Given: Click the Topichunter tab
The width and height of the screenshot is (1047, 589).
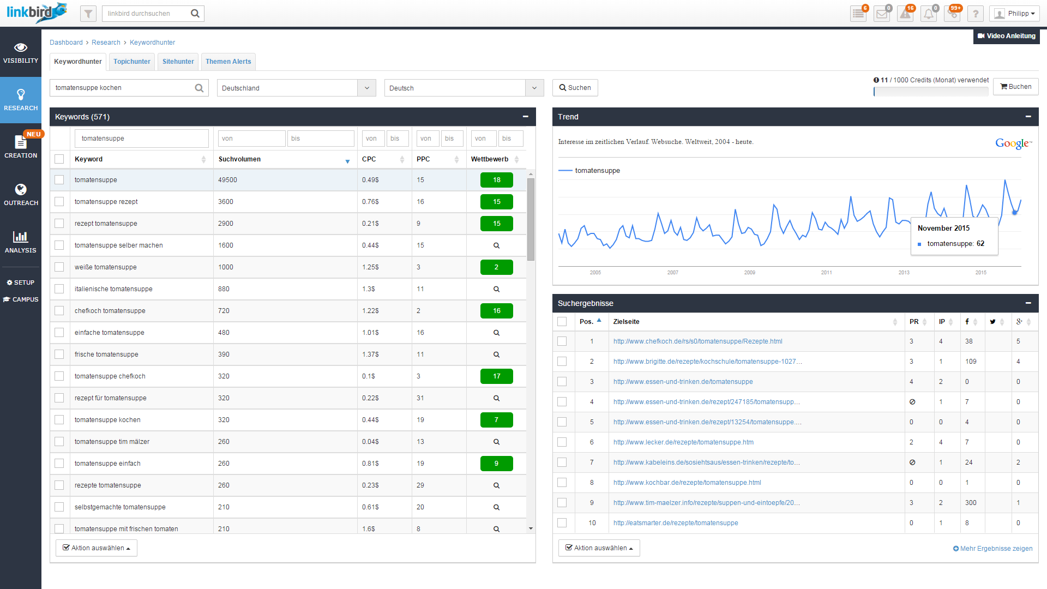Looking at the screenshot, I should pyautogui.click(x=132, y=62).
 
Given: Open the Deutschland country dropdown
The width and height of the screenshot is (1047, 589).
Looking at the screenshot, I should pyautogui.click(x=296, y=88).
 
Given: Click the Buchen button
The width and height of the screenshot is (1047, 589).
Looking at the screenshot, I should pyautogui.click(x=1016, y=87).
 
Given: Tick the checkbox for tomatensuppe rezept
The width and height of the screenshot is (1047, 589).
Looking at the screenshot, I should pyautogui.click(x=59, y=202).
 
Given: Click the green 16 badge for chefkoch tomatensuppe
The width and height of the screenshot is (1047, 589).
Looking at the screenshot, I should pyautogui.click(x=496, y=311).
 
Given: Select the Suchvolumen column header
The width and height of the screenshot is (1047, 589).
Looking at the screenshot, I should pyautogui.click(x=240, y=159).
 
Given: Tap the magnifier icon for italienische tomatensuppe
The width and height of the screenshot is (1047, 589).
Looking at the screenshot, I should pyautogui.click(x=496, y=289).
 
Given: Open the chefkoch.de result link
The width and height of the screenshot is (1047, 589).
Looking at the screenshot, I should pyautogui.click(x=697, y=341).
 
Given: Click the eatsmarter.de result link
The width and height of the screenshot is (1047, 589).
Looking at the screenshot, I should pyautogui.click(x=676, y=523).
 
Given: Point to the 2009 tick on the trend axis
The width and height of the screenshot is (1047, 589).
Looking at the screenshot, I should pyautogui.click(x=750, y=272).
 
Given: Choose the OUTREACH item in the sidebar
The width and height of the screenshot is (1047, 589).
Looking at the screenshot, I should pyautogui.click(x=21, y=194).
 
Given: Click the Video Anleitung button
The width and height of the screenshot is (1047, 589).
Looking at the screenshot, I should pyautogui.click(x=1007, y=36).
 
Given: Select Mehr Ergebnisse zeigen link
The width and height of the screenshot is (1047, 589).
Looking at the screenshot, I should pyautogui.click(x=993, y=549).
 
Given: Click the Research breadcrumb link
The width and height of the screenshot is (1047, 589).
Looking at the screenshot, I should pyautogui.click(x=106, y=43).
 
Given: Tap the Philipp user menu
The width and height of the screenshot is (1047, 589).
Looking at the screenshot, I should pyautogui.click(x=1014, y=14).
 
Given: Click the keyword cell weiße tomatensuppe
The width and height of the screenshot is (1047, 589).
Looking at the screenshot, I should pyautogui.click(x=106, y=267).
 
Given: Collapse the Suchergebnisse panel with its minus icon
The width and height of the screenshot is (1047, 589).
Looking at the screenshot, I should pyautogui.click(x=1028, y=303).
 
